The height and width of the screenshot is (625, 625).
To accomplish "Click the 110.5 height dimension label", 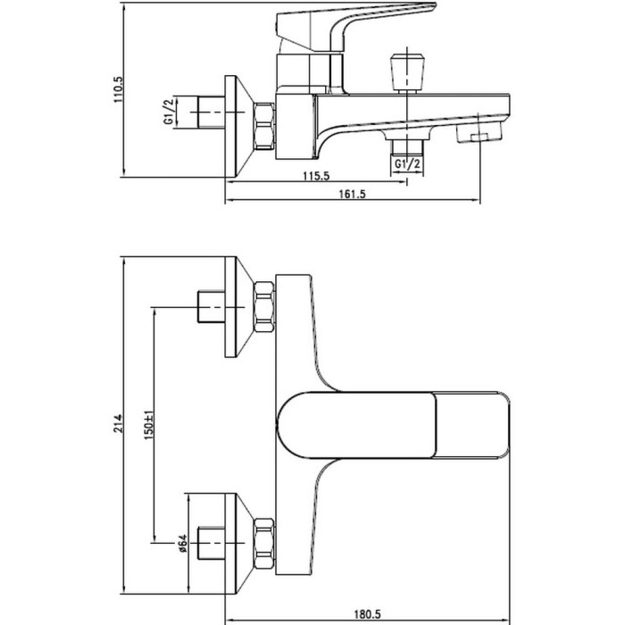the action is click(119, 89).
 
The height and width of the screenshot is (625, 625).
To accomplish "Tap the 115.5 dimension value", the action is click(316, 176).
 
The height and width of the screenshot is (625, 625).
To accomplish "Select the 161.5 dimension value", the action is click(352, 194).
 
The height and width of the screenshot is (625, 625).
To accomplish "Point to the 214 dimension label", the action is click(119, 423).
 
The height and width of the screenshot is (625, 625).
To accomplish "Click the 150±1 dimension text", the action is click(149, 425).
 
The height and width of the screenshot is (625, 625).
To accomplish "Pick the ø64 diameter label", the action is click(182, 544).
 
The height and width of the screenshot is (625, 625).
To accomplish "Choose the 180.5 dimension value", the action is click(368, 614).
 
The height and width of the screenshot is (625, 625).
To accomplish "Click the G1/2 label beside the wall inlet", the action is click(169, 111).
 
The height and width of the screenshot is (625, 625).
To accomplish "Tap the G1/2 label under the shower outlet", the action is click(407, 163).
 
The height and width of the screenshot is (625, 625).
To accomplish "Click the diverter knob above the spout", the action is click(407, 72).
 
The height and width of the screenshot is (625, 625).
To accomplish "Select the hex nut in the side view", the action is click(264, 126).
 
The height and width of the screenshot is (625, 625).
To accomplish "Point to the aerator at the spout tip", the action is click(479, 132).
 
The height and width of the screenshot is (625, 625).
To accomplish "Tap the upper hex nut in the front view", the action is click(264, 307).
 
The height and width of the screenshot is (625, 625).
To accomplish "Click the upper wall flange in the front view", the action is click(239, 307).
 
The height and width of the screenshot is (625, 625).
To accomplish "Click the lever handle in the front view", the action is click(393, 425).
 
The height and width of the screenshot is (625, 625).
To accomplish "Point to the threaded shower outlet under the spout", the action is click(407, 147).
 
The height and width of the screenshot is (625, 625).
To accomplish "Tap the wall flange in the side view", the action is click(239, 126).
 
